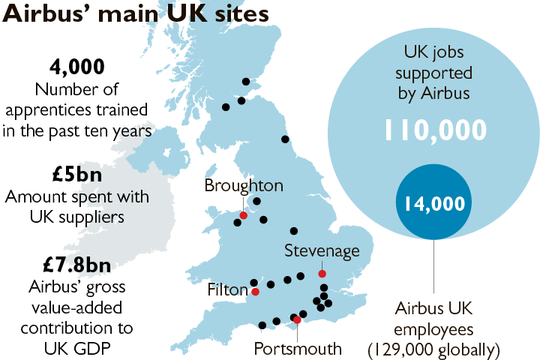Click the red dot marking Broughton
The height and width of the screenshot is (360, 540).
click(243, 215)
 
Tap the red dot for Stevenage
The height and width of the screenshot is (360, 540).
click(322, 274)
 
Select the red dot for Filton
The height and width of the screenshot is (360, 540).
click(255, 292)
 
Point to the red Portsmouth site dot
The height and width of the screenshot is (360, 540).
click(298, 320)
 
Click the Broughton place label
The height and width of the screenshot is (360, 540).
click(244, 186)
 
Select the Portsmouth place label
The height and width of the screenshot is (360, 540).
click(298, 348)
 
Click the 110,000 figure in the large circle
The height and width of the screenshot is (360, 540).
click(435, 130)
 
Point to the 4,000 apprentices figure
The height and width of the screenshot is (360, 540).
click(77, 67)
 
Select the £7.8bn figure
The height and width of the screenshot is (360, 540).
click(77, 265)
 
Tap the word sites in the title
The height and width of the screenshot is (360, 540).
click(240, 16)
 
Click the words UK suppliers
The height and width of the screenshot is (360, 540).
click(77, 217)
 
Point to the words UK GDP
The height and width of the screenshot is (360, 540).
click(77, 348)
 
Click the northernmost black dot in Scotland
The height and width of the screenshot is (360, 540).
click(245, 82)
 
